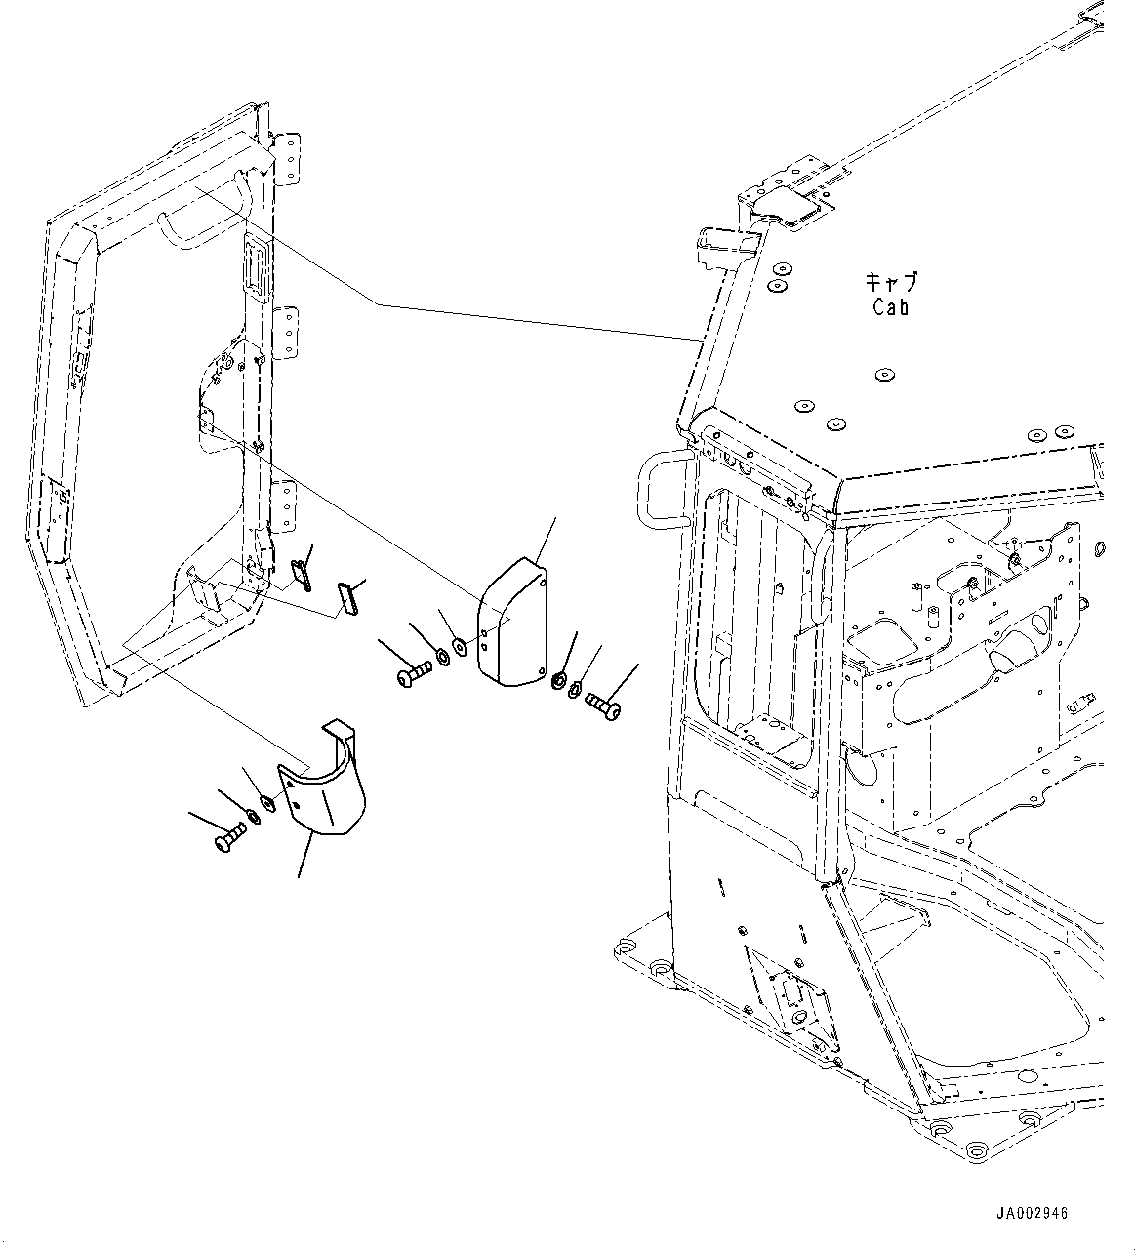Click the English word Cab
(890, 307)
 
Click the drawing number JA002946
(1032, 1214)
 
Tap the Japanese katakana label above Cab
(890, 283)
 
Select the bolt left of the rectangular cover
(416, 672)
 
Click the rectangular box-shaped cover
(511, 625)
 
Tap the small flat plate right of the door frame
(347, 596)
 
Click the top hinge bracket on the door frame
(289, 158)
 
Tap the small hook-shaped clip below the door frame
(302, 574)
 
